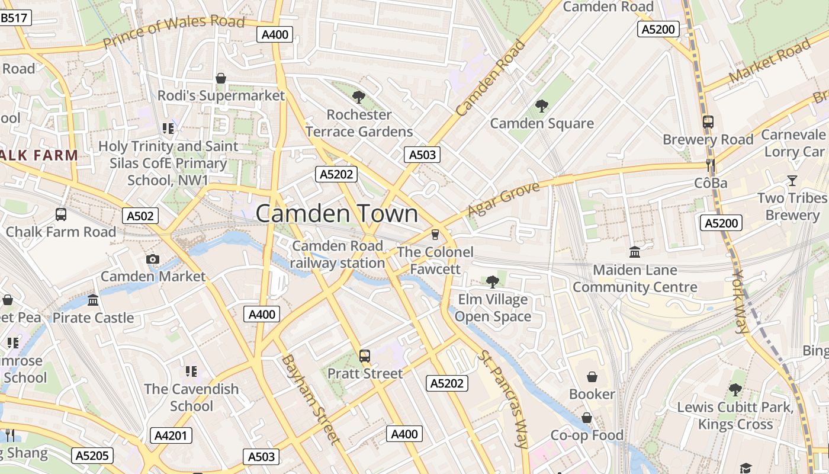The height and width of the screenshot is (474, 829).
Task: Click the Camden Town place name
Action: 336,214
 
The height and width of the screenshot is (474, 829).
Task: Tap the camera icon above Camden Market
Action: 153,259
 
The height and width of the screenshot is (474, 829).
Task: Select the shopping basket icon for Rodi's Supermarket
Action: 221,78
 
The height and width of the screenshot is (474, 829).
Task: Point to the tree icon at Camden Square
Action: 541,106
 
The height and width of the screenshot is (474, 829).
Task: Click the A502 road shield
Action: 141,216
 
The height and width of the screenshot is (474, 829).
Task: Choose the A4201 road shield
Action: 171,436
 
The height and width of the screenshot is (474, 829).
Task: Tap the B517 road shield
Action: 14,18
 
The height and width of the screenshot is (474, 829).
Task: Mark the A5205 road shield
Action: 92,456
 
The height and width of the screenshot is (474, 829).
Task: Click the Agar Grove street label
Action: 503,199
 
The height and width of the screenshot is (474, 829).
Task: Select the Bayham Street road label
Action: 311,399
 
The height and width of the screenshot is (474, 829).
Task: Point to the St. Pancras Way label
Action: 503,399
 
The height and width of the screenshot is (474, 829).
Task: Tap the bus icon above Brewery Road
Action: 708,122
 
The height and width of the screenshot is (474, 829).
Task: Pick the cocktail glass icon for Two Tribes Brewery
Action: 792,181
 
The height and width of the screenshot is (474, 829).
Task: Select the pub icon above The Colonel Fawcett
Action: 435,234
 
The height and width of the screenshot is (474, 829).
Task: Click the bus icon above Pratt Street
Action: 365,356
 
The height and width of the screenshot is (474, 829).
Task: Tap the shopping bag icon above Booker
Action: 592,377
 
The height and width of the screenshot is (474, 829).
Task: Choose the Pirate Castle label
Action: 94,318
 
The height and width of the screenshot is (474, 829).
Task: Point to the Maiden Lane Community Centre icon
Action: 635,252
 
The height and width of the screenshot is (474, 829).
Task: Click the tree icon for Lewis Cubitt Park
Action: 735,389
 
